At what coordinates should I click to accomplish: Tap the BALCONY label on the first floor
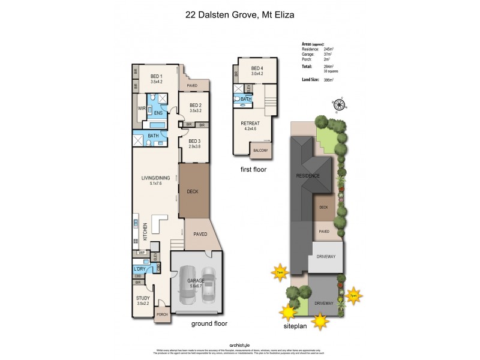point(260,150)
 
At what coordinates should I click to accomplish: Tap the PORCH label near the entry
point(161,314)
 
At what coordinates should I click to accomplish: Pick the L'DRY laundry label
point(140,269)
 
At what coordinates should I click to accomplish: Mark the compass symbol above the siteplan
point(338,106)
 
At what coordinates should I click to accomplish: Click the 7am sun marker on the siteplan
point(279,272)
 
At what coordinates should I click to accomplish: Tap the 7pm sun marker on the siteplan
point(353,295)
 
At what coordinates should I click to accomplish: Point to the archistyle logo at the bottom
point(239,344)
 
